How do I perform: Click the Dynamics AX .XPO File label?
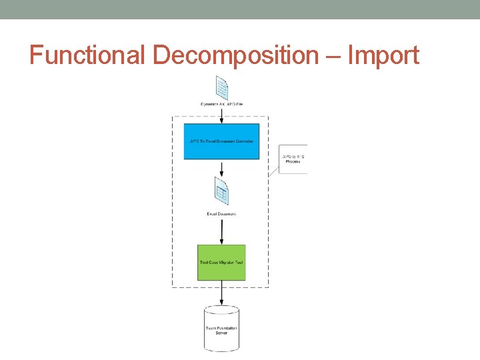[221, 104]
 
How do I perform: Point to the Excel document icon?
[221, 191]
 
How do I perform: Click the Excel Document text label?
[221, 214]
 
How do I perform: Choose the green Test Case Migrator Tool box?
[221, 263]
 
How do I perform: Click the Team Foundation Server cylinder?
[221, 328]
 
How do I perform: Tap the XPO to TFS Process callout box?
[293, 159]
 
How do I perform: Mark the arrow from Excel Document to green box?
[221, 231]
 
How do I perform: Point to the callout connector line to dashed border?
[273, 170]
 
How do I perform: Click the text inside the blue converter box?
[221, 141]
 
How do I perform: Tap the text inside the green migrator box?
[221, 263]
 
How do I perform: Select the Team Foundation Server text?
[221, 330]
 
